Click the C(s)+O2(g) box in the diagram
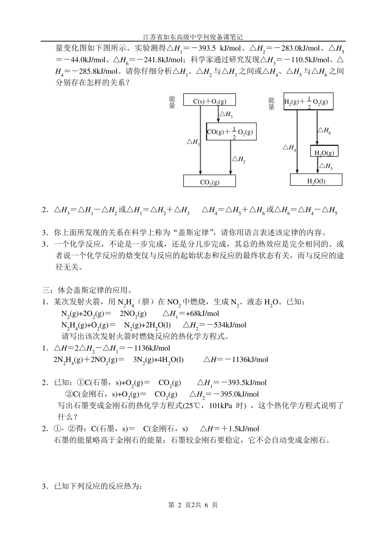[210, 100]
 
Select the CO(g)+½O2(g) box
[231, 131]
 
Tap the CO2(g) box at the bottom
[210, 181]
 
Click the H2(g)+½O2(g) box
[308, 101]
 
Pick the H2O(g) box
[324, 152]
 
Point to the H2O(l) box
[316, 180]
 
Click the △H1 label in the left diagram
[193, 142]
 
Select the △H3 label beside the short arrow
[226, 115]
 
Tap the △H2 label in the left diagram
[239, 159]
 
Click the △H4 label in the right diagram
[289, 148]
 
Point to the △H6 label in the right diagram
[324, 130]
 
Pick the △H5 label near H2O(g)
[326, 166]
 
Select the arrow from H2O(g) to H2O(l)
[318, 165]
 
